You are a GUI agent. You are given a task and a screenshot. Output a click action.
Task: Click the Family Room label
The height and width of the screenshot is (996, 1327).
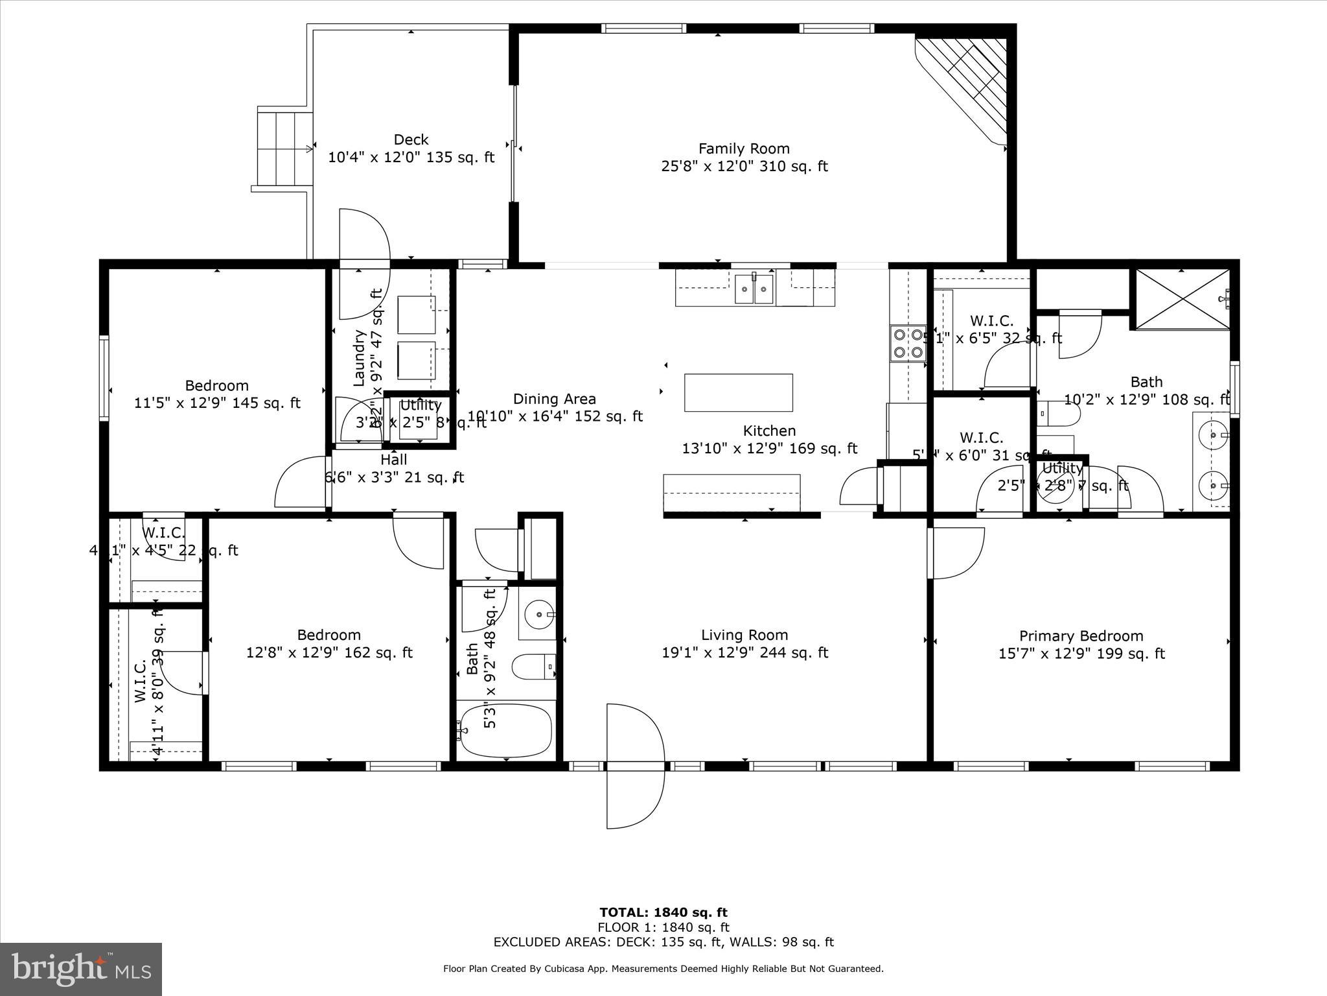(x=744, y=149)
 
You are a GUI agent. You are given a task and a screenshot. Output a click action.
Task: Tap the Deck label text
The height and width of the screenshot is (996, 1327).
(x=411, y=140)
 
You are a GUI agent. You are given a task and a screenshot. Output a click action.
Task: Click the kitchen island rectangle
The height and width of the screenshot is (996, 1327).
(x=738, y=392)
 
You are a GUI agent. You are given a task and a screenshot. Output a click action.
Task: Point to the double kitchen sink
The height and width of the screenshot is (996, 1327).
(x=754, y=289)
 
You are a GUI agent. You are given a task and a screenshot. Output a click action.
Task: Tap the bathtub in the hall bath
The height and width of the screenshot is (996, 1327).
(x=506, y=731)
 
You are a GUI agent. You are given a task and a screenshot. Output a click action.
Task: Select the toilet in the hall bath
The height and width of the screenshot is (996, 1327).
(x=533, y=666)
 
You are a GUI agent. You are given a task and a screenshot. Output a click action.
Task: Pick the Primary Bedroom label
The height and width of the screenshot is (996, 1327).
(x=1081, y=636)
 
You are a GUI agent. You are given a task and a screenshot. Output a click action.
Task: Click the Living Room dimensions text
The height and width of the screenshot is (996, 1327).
(x=744, y=653)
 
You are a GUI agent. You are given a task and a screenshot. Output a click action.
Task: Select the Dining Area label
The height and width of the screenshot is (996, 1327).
(x=554, y=399)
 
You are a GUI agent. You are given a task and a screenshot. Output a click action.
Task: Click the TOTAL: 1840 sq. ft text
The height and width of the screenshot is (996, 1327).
(x=663, y=913)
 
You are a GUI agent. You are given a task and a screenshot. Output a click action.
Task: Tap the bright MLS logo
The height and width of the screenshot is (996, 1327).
(x=80, y=969)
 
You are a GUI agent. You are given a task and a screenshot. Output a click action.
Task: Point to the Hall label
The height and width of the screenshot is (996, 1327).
(x=393, y=460)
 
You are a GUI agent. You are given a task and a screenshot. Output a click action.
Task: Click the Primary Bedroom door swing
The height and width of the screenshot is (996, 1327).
(x=956, y=553)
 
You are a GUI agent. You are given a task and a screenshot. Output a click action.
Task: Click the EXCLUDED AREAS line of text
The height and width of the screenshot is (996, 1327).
(x=663, y=942)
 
